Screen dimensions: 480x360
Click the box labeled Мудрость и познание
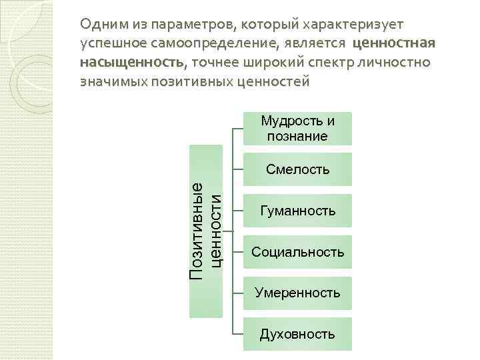297,129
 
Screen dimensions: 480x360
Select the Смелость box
297,169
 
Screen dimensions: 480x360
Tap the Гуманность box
297,211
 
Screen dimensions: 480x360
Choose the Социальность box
297,252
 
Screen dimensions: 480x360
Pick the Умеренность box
297,293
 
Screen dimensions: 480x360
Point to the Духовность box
297,334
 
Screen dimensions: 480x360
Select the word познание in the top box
297,137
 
